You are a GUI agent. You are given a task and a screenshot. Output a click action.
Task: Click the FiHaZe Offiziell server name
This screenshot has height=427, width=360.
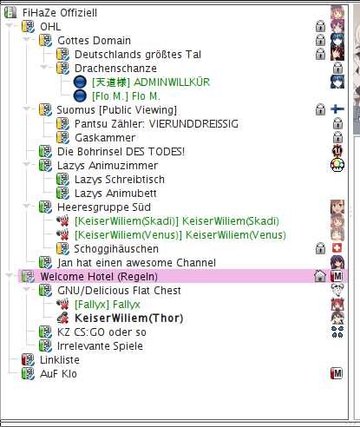pyautogui.click(x=60, y=13)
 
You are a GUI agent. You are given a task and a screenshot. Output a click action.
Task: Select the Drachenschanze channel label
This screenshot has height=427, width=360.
pyautogui.click(x=115, y=69)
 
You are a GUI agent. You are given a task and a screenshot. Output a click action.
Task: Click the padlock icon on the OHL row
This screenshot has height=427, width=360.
pyautogui.click(x=320, y=26)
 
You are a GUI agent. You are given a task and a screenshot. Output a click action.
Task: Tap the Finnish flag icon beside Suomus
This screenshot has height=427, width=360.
pyautogui.click(x=337, y=109)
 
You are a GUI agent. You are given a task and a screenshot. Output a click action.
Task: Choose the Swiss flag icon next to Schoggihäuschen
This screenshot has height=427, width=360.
pyautogui.click(x=337, y=248)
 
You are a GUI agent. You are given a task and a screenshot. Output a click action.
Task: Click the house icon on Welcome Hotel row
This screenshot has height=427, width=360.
pyautogui.click(x=320, y=276)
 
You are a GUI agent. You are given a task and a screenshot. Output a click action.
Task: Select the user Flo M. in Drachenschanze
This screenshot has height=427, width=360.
pyautogui.click(x=126, y=96)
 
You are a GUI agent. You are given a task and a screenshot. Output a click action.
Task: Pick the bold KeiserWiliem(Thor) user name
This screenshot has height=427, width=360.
pyautogui.click(x=129, y=319)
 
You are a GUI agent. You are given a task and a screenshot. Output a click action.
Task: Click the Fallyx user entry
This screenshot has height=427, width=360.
pyautogui.click(x=108, y=305)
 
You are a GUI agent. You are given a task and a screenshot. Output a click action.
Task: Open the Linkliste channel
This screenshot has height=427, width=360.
pyautogui.click(x=60, y=360)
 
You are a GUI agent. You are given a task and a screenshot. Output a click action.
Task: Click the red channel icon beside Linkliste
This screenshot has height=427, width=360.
pyautogui.click(x=28, y=359)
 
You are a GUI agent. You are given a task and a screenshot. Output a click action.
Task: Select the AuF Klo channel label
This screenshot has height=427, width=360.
pyautogui.click(x=58, y=374)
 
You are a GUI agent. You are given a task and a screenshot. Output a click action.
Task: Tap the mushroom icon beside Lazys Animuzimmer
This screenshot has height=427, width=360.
pyautogui.click(x=337, y=165)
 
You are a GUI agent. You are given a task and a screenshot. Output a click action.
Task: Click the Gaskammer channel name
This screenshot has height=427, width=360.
pyautogui.click(x=105, y=138)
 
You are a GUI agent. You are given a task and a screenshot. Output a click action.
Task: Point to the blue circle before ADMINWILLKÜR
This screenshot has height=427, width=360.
pyautogui.click(x=80, y=82)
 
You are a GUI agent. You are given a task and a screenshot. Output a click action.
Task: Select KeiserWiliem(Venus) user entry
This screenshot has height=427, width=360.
pyautogui.click(x=180, y=235)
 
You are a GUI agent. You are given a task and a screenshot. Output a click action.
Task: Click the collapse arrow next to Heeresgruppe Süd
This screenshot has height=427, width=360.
pyautogui.click(x=27, y=207)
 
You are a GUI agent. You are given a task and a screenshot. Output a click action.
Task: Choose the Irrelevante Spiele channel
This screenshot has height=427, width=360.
pyautogui.click(x=100, y=346)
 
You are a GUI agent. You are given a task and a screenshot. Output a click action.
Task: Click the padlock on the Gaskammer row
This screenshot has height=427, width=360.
pyautogui.click(x=337, y=137)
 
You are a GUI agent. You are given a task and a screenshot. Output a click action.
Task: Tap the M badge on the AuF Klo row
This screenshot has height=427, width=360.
pyautogui.click(x=337, y=373)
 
